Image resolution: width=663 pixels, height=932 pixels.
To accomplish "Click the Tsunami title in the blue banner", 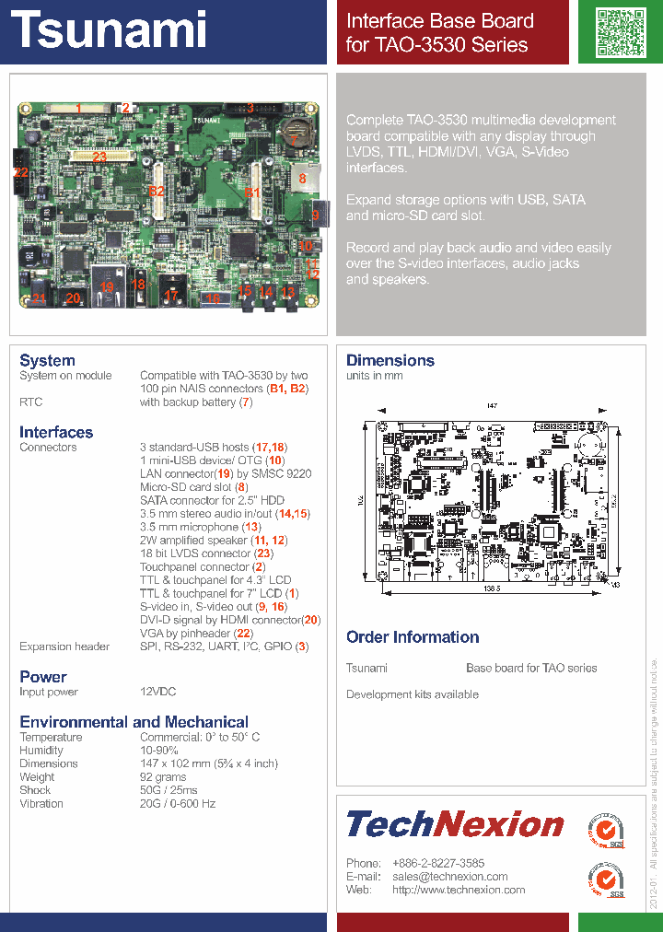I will pos(110,29).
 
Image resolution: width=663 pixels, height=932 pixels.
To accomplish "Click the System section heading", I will pos(47,360).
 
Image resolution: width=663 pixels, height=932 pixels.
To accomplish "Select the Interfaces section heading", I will pos(56,432).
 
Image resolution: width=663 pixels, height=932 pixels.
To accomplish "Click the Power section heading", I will pos(43,677).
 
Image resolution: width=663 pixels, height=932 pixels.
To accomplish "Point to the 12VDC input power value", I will pos(157,692).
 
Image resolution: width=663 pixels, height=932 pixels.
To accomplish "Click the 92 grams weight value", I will pos(163,777).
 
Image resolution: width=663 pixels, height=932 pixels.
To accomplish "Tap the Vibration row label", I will pos(41,803).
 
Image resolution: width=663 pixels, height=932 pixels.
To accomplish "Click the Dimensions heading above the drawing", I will pos(390,360).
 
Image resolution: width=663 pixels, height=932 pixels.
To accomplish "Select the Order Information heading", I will pos(413,637).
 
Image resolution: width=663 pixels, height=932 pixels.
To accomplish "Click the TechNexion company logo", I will pos(455,823).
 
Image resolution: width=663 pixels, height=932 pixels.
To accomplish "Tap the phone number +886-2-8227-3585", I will pos(438,863).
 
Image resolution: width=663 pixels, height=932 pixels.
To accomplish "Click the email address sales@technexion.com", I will pos(449,877).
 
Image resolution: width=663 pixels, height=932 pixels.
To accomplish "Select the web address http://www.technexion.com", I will pos(459,890).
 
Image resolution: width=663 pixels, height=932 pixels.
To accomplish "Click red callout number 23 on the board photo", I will pos(100,157).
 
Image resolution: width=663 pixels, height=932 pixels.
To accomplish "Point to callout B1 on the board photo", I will pos(252,192).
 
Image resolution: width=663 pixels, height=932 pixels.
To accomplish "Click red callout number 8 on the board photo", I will pos(301,178).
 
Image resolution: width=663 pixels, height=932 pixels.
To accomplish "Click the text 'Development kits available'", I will pos(412,694).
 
